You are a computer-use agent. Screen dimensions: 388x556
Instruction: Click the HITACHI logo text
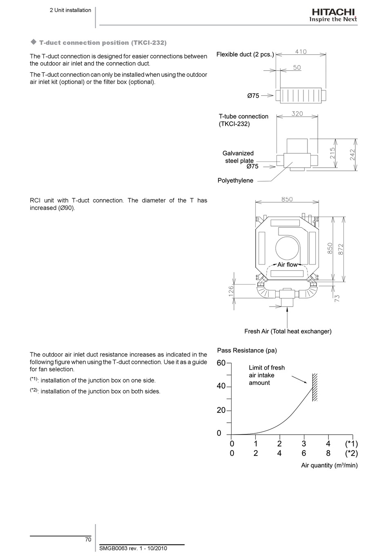coord(333,12)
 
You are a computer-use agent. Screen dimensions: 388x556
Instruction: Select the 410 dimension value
coord(301,52)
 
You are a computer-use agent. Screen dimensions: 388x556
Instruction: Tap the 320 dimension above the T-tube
coord(297,114)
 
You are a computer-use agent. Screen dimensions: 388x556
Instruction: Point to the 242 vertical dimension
coord(352,155)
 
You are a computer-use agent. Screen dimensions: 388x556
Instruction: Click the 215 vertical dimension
coord(332,153)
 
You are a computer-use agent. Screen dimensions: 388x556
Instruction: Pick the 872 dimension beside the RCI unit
coord(341,249)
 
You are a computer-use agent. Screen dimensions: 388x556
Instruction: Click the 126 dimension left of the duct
coord(231,291)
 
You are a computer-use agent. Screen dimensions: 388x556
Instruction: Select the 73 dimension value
coord(337,298)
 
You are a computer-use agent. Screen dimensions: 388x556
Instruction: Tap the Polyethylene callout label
coord(235,180)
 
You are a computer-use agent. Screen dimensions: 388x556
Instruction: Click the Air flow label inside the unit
coord(288,265)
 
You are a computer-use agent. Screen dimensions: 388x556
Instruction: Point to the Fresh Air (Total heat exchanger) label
coord(288,332)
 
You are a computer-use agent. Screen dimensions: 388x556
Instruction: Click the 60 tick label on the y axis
coord(221,363)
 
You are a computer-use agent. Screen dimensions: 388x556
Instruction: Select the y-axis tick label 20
coord(221,410)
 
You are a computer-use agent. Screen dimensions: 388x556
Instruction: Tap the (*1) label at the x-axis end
coord(351,444)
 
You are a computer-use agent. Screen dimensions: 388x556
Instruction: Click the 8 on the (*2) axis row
coord(328,453)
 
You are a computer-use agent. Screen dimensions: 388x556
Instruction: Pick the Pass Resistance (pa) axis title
coord(247,350)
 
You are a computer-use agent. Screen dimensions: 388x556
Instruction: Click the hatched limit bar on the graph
coord(315,387)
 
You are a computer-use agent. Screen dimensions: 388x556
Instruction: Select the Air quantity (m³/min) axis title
coord(329,465)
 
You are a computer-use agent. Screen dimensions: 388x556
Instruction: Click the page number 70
coord(88,539)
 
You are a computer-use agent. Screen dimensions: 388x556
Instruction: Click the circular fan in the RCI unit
coord(287,249)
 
